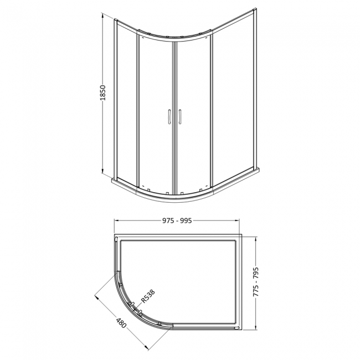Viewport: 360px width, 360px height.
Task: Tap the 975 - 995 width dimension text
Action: pos(177,221)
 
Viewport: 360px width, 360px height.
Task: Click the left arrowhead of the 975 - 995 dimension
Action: pos(116,221)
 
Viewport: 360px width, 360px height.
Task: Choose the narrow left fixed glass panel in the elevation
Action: pos(126,100)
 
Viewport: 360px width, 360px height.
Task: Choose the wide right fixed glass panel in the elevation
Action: pos(233,100)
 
